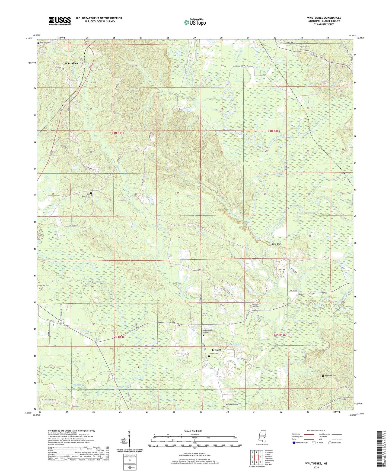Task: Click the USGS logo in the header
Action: click(60, 21)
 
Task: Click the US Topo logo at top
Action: click(195, 22)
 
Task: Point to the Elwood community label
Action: click(216, 350)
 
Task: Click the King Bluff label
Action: click(278, 244)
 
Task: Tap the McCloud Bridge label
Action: click(232, 404)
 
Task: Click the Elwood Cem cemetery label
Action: click(213, 354)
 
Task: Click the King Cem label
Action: click(282, 270)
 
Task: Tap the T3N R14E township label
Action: click(118, 133)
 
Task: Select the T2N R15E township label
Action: click(279, 335)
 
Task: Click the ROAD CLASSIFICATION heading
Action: click(316, 430)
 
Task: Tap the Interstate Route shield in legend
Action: click(294, 443)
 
